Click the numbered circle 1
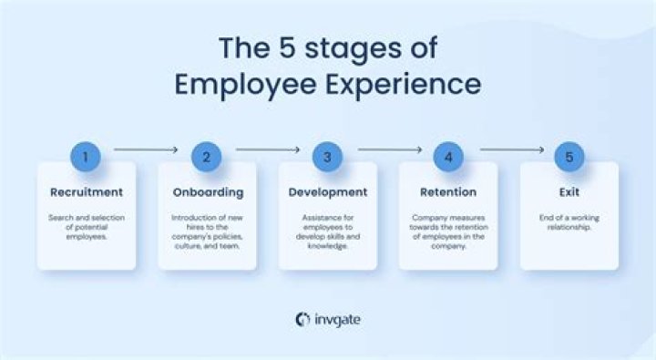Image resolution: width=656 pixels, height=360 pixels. coord(86,157)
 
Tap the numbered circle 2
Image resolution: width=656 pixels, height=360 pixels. coord(207,157)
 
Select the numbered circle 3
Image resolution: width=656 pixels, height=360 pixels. coord(328,157)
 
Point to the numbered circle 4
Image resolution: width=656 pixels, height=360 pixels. coord(448,157)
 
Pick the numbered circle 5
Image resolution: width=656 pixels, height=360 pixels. coord(569,157)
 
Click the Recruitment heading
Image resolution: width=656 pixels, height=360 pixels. coord(86,192)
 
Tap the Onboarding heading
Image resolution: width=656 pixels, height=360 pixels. coord(207,192)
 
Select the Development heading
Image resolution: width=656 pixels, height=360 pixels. coord(328,192)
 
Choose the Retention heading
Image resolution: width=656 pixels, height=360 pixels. coord(448,192)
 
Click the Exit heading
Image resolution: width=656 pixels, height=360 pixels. coord(569,192)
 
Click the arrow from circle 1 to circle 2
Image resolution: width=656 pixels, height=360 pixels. coord(146,149)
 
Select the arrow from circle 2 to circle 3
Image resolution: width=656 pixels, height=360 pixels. coord(267,149)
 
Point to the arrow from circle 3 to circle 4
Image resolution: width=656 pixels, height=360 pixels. coord(389,149)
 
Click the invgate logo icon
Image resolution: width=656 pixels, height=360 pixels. coord(302,319)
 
